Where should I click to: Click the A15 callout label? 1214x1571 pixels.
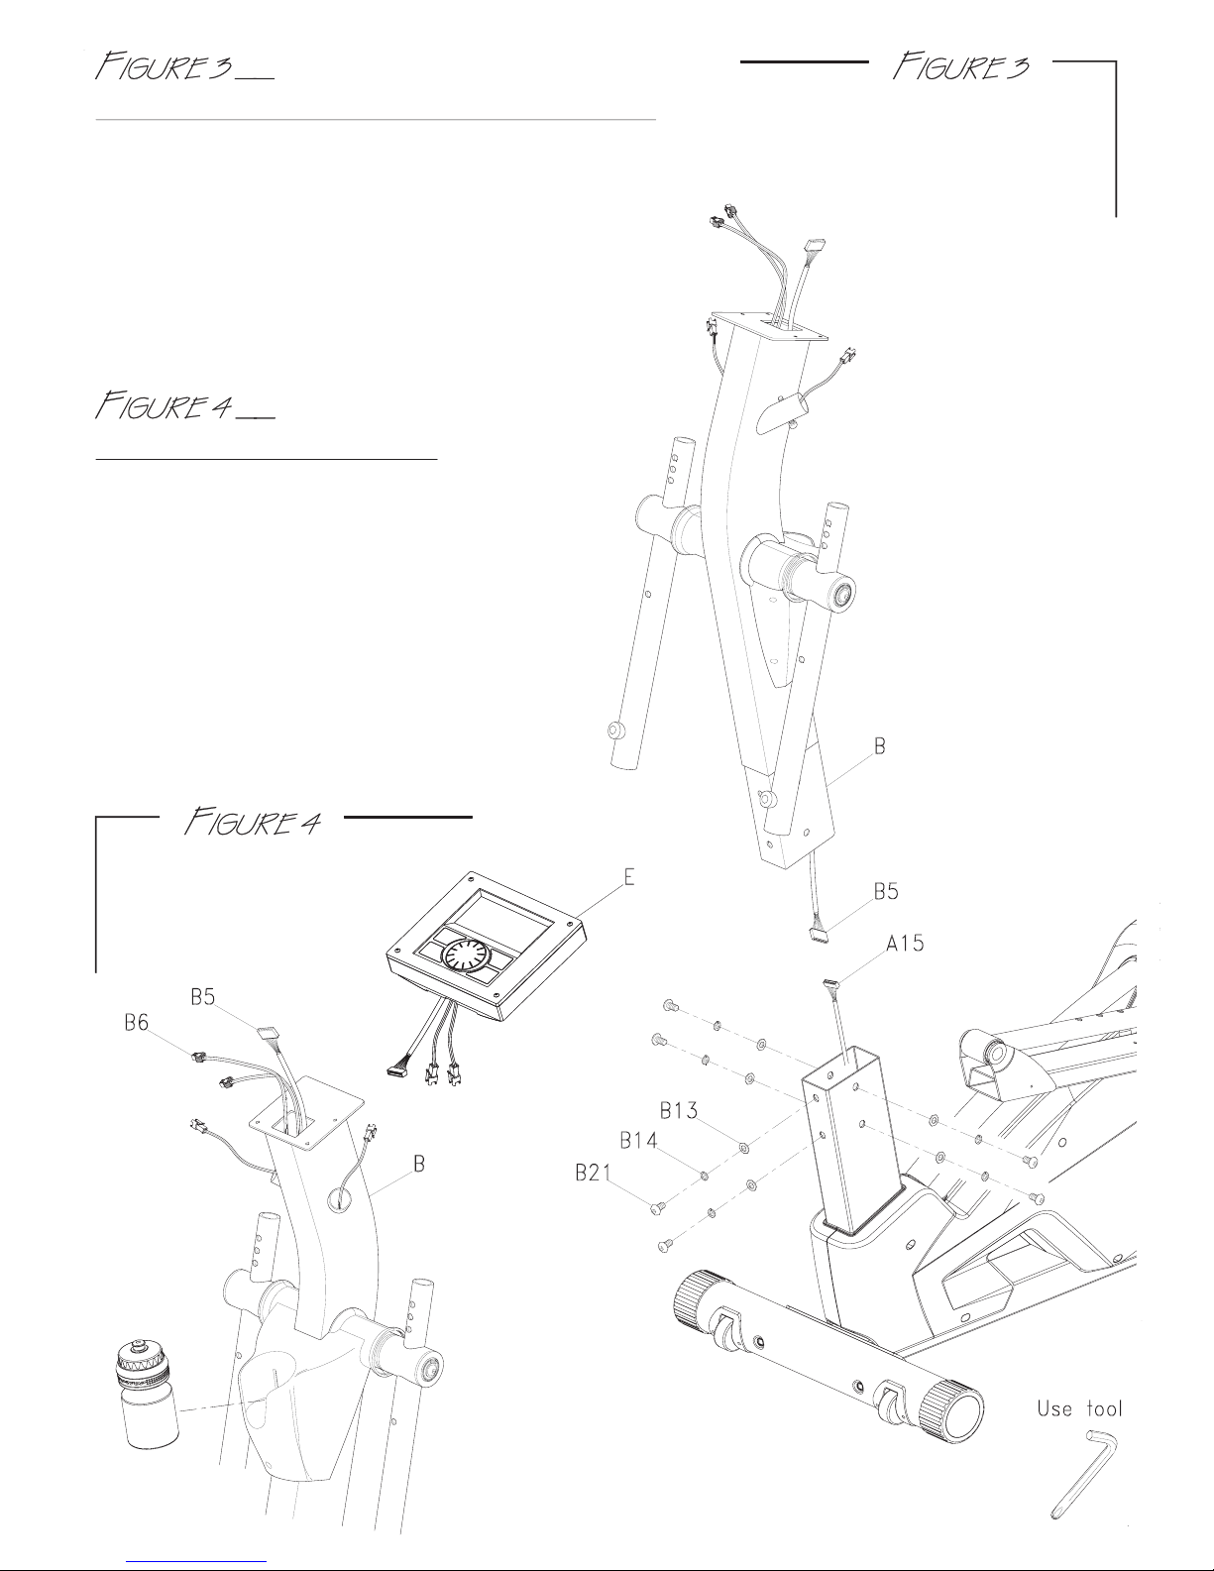pyautogui.click(x=905, y=944)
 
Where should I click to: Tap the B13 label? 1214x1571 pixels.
pyautogui.click(x=679, y=1110)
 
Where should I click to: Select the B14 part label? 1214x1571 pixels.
pyautogui.click(x=639, y=1140)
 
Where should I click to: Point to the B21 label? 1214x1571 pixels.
pyautogui.click(x=594, y=1173)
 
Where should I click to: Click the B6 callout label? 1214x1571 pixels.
pyautogui.click(x=137, y=1022)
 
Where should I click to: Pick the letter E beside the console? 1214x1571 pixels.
pyautogui.click(x=628, y=877)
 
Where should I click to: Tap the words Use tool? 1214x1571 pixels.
pyautogui.click(x=1079, y=1408)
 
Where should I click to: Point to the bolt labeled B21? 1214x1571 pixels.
pyautogui.click(x=657, y=1208)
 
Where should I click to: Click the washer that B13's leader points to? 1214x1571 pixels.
pyautogui.click(x=744, y=1148)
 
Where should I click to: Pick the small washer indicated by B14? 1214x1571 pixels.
pyautogui.click(x=704, y=1176)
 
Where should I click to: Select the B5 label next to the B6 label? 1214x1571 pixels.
pyautogui.click(x=203, y=997)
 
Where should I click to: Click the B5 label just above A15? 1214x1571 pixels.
pyautogui.click(x=886, y=891)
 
